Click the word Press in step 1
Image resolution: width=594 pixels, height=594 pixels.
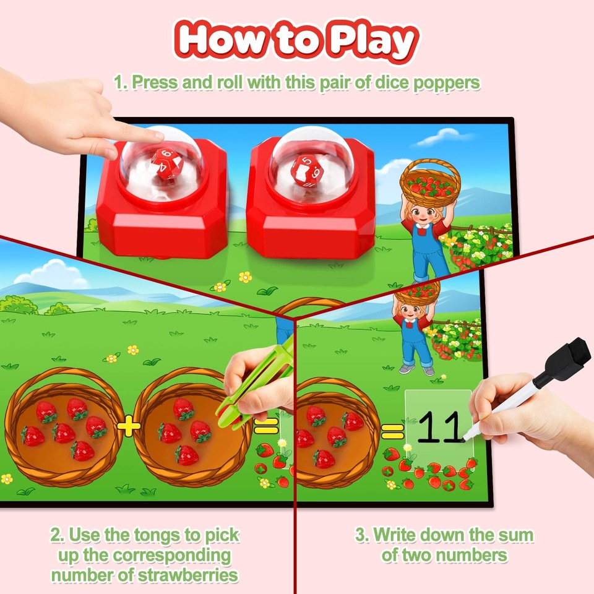coord(158,82)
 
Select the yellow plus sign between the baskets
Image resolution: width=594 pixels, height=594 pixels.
coord(128,427)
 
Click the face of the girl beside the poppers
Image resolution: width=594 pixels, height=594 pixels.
coord(423,217)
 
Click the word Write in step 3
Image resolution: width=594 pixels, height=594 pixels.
coord(396,535)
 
